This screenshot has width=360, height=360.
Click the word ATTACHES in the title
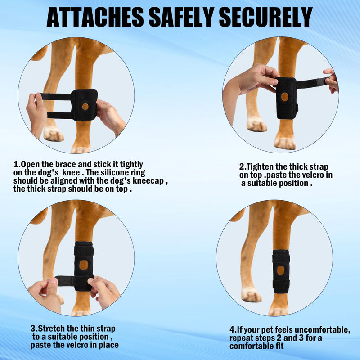[95, 18]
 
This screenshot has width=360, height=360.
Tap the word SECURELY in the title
[265, 18]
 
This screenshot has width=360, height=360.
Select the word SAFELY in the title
[181, 18]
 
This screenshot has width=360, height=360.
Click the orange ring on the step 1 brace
[85, 106]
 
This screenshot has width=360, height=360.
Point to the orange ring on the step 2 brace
[285, 97]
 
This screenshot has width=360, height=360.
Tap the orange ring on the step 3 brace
[84, 265]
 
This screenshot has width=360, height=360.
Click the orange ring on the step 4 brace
[280, 270]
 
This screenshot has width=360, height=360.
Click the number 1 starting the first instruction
[16, 165]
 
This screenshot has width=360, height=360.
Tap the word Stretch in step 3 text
[51, 328]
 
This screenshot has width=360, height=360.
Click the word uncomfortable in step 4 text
[322, 330]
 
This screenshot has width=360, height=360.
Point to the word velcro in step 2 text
[314, 175]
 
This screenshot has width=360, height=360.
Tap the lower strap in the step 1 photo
[60, 115]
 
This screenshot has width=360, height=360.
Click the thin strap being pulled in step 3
[65, 281]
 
